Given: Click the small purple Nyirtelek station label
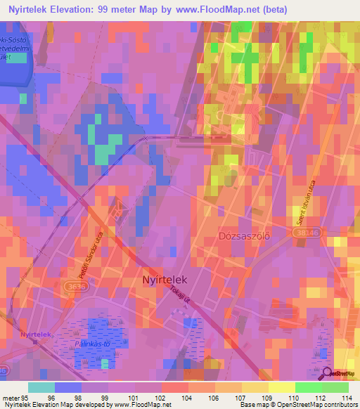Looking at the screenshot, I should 37,334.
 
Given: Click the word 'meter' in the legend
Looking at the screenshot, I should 10,397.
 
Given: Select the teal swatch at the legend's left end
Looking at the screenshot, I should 41,387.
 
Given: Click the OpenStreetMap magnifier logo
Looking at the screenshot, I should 326,373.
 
